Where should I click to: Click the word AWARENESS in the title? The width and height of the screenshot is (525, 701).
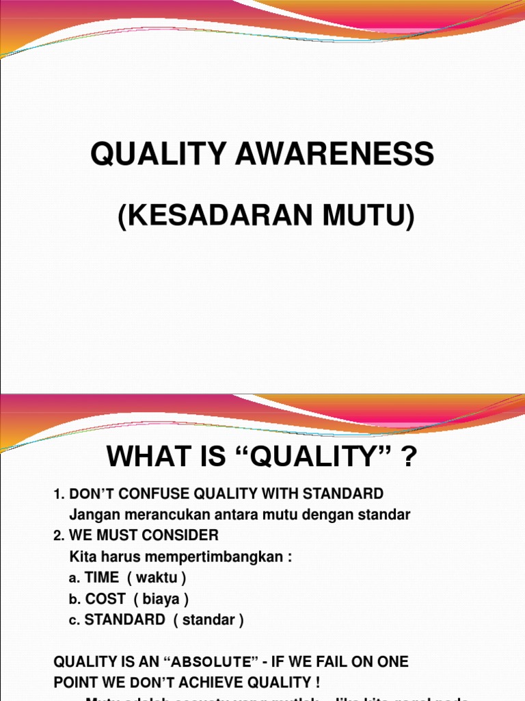coord(336,155)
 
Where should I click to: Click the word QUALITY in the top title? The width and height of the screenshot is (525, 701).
coord(159,155)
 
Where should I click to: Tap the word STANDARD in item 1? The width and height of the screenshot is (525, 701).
coord(345,494)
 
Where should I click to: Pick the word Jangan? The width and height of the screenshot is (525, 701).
coord(93,515)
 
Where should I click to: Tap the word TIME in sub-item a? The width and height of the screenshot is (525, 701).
coord(102,578)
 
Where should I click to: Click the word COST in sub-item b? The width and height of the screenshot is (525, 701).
coord(105,599)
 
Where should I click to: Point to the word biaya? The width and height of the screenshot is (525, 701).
coord(161,599)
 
